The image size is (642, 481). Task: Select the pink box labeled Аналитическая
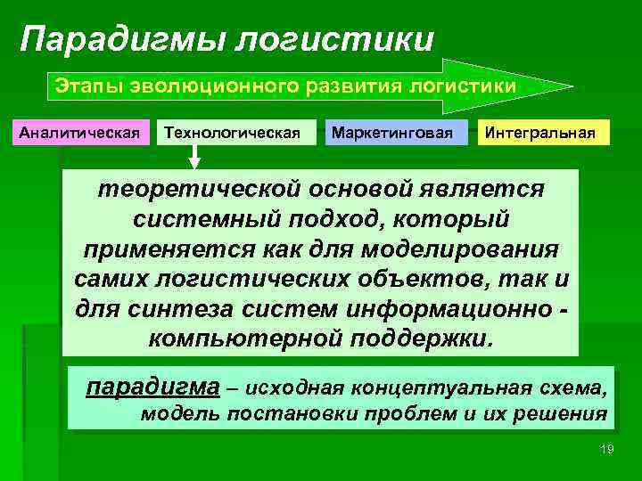click(x=80, y=134)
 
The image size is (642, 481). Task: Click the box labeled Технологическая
click(x=236, y=134)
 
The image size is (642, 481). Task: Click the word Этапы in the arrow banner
click(x=82, y=86)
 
